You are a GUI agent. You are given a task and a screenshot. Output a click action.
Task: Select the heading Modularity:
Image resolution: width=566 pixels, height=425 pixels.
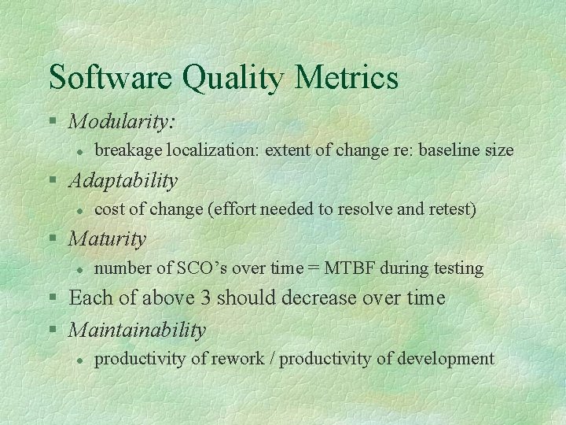123,121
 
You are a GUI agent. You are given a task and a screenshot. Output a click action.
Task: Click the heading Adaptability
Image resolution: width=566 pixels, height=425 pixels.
123,180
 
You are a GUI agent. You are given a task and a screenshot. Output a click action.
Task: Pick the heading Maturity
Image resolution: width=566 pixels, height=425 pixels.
108,238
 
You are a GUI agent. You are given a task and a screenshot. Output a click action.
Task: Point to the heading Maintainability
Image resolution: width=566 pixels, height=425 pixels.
138,330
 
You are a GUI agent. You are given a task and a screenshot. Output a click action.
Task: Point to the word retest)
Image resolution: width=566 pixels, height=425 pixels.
451,209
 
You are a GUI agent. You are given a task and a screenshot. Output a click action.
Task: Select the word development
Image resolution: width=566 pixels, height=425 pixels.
445,359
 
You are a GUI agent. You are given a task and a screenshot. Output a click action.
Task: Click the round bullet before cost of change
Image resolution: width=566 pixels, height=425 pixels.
79,209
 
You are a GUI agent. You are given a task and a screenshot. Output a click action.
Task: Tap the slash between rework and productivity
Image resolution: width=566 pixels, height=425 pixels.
271,359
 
